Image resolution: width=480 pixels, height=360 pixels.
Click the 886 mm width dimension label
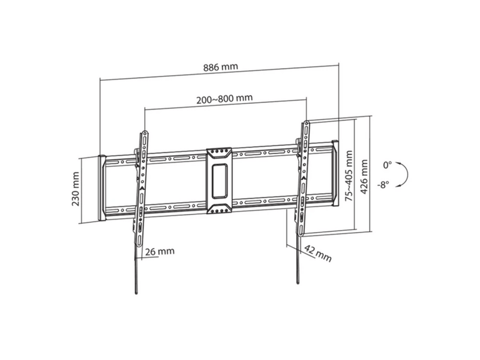(x=220, y=67)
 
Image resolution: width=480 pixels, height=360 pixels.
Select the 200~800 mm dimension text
(x=224, y=98)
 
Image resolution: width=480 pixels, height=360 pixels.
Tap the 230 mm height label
(x=76, y=188)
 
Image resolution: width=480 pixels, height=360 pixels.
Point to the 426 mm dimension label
(x=364, y=176)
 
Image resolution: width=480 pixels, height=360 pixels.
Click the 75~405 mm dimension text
(x=349, y=176)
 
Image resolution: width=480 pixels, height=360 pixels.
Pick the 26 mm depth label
(x=160, y=251)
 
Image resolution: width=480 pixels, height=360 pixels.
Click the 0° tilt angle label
(x=387, y=166)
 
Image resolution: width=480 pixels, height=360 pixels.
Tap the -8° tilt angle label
(x=383, y=184)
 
